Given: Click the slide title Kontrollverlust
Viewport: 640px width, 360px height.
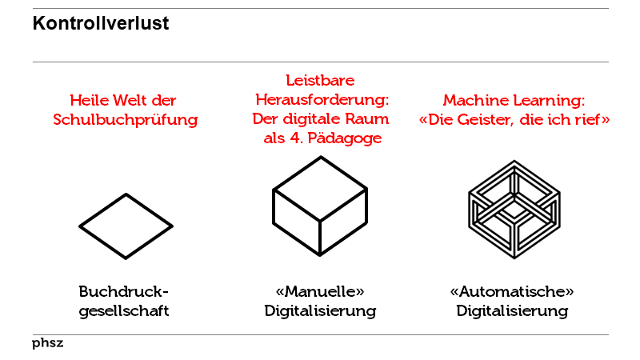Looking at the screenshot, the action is click(x=101, y=23).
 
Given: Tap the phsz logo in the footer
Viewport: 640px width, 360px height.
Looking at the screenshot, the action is click(x=48, y=343).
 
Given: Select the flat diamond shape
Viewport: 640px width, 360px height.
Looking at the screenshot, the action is click(x=126, y=226).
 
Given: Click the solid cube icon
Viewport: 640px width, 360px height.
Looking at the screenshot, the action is click(x=320, y=206).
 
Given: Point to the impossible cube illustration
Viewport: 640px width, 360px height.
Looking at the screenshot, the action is click(x=514, y=210).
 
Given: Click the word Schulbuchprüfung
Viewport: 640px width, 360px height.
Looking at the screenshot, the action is click(x=126, y=120).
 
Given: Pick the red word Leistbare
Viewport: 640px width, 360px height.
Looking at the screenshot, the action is click(x=320, y=81).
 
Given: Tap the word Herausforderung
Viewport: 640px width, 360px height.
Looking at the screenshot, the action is click(x=322, y=100).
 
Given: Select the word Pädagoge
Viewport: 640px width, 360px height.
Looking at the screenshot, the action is click(x=345, y=138).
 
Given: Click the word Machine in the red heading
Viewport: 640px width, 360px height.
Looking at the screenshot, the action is click(x=476, y=101).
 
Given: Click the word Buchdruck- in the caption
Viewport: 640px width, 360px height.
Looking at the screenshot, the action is click(x=124, y=291).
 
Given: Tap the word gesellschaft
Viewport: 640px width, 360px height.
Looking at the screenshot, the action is click(x=124, y=311).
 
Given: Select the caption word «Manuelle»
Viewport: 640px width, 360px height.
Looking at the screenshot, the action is click(x=320, y=291).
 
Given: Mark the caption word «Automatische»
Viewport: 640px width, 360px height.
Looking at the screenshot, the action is click(x=512, y=291).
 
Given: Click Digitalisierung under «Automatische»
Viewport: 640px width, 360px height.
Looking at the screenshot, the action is click(x=512, y=311).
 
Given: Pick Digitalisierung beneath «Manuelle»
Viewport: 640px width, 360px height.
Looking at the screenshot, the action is click(x=320, y=311).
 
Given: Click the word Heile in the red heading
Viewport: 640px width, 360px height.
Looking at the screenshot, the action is click(x=88, y=101).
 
